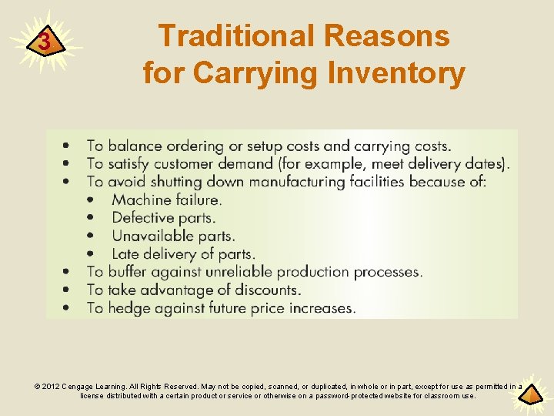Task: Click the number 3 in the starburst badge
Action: coord(45,42)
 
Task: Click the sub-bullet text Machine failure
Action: coord(167,200)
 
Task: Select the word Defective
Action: coord(142,218)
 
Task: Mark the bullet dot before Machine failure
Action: coord(92,200)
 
